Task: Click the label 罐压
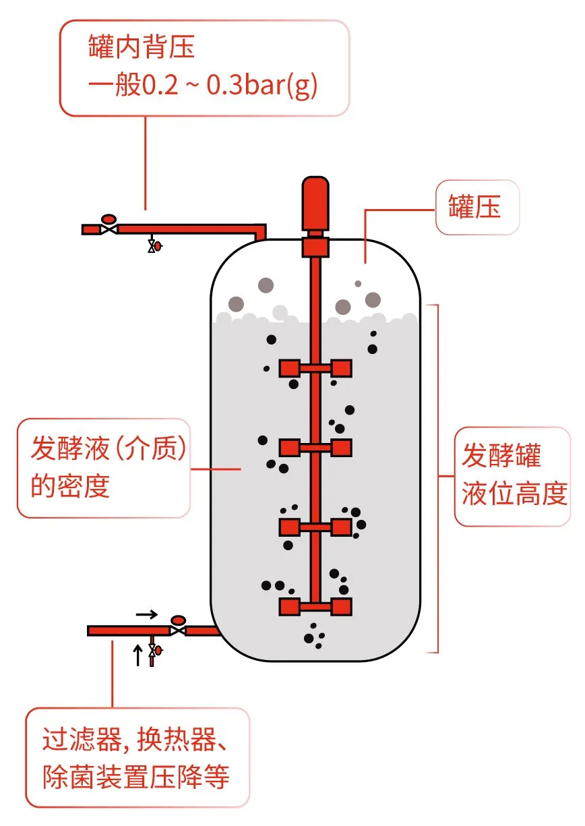tap(475, 207)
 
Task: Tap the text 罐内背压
tap(142, 48)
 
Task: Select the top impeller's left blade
tap(289, 368)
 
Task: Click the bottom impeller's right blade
tap(341, 606)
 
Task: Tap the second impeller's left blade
tap(289, 447)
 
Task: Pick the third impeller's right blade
tap(341, 527)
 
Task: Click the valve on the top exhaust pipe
tap(108, 229)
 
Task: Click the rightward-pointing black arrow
tap(146, 614)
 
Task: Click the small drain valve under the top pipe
tap(154, 246)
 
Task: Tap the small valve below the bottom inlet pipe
tap(154, 650)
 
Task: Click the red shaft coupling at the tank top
tap(315, 246)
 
